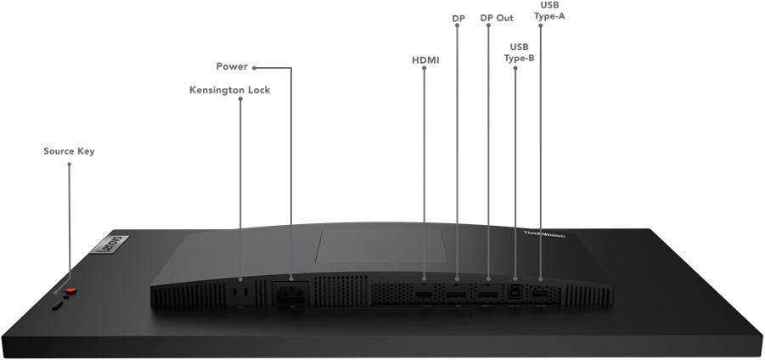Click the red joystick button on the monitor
click(x=70, y=290)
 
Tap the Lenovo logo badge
click(x=110, y=244)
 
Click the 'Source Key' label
click(x=69, y=151)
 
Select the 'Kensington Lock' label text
click(x=229, y=90)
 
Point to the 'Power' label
click(x=232, y=66)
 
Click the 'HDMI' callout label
click(x=425, y=60)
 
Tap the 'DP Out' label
click(x=497, y=18)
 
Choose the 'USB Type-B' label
click(x=519, y=53)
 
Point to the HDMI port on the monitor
click(x=424, y=295)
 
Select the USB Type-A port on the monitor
click(x=539, y=295)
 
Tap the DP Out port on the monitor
click(x=488, y=295)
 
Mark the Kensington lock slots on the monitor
click(x=240, y=291)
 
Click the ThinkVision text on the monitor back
click(x=544, y=234)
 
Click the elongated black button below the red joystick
click(x=58, y=305)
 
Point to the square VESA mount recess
click(x=381, y=247)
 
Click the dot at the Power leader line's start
click(x=254, y=68)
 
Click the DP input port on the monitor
click(x=456, y=295)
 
